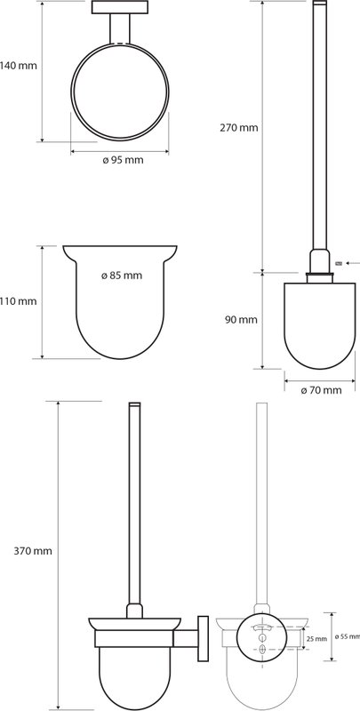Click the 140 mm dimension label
tap(18, 66)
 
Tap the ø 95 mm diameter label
tap(123, 160)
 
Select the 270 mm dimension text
tap(239, 128)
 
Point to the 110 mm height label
tap(18, 301)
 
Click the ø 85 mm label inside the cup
tap(122, 276)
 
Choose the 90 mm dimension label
tap(241, 320)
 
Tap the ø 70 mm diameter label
tap(322, 390)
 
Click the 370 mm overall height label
tap(33, 551)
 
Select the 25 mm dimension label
tap(317, 639)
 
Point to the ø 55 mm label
tap(348, 636)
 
